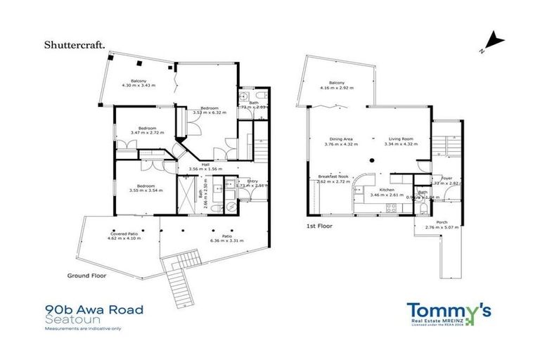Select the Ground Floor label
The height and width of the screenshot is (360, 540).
(x=86, y=276)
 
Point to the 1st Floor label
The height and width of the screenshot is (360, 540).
(x=320, y=226)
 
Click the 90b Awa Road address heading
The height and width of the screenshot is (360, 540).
(x=94, y=309)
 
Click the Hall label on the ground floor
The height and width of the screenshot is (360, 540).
(x=205, y=165)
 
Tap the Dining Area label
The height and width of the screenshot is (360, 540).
(x=339, y=139)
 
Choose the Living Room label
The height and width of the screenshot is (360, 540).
(x=401, y=139)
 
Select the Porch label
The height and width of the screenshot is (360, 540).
(x=442, y=222)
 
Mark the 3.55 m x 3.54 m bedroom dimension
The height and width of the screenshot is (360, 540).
(x=146, y=190)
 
